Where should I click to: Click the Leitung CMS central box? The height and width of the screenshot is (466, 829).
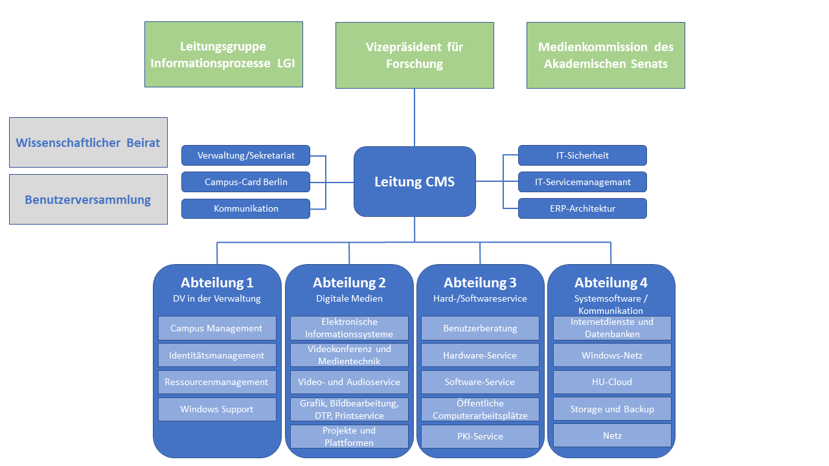point(414,181)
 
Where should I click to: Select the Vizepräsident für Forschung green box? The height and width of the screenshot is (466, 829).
point(414,55)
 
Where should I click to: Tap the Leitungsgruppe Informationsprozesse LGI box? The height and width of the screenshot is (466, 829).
point(223,54)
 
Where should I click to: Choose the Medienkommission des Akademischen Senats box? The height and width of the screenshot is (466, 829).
point(606,55)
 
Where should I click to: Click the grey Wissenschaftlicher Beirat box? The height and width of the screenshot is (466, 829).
point(88,142)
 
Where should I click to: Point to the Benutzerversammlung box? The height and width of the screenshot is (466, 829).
point(88,199)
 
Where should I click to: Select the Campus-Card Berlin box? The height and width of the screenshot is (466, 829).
point(245,182)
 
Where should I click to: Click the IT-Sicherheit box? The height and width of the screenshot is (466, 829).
point(582,155)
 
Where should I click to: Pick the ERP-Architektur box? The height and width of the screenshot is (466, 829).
point(582,208)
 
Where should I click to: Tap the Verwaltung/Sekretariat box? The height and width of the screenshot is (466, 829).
point(245,155)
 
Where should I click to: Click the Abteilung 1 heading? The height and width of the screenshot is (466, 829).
point(217,283)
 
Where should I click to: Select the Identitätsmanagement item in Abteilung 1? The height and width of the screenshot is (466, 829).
point(217,355)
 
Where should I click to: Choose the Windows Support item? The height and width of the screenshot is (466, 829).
point(217,409)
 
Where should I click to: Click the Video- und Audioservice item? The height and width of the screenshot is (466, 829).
point(349,382)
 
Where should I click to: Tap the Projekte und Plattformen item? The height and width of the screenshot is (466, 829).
point(349,436)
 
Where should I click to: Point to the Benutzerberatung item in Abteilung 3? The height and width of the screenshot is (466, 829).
point(480,328)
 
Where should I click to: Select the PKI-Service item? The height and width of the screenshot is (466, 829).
point(480,436)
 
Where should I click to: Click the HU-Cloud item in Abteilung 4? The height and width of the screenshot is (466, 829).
point(612,382)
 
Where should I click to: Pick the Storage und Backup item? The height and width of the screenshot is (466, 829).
point(612,409)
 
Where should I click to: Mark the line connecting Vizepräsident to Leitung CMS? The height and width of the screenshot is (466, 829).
point(414,117)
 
